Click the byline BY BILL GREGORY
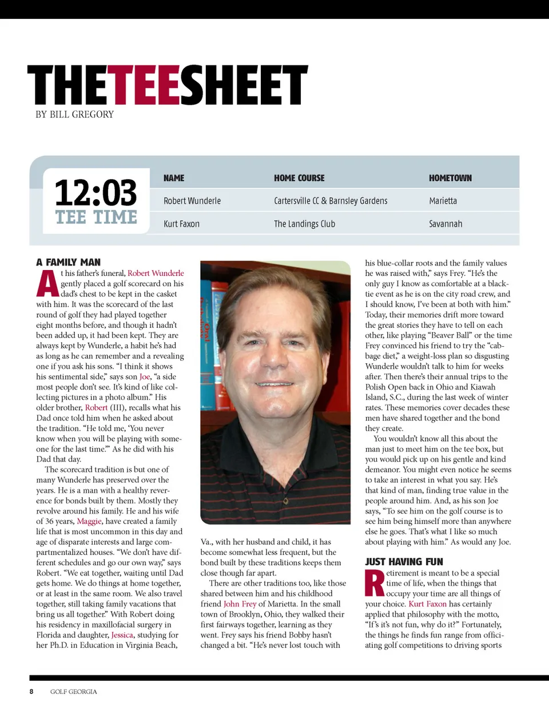(74, 114)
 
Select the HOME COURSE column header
(299, 178)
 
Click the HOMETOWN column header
(450, 178)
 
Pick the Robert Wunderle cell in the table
(192, 201)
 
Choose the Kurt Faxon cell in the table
(181, 224)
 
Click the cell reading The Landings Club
(304, 224)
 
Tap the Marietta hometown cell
(443, 201)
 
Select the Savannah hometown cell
(445, 224)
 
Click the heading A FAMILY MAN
(68, 262)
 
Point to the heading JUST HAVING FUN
(404, 562)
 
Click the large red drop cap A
(47, 284)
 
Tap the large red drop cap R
(375, 583)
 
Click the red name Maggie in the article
(89, 521)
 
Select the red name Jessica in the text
(122, 635)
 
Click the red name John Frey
(240, 604)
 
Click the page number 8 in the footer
(31, 692)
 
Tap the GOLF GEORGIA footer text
(74, 692)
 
